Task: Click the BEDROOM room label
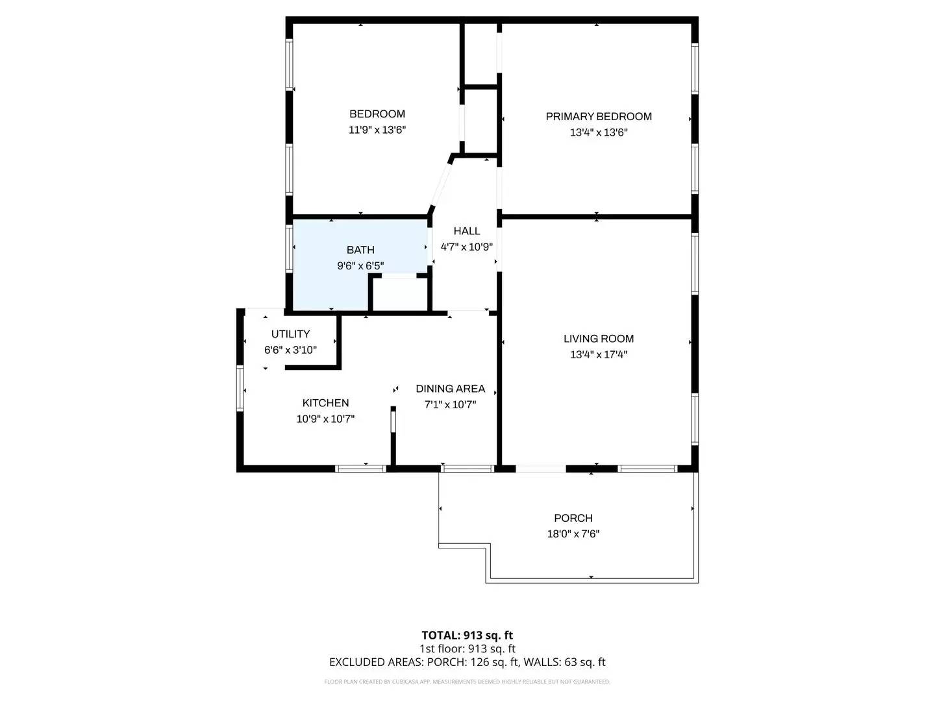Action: [377, 114]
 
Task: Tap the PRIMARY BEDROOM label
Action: [599, 117]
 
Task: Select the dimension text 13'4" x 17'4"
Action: [599, 354]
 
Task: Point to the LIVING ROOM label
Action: [599, 339]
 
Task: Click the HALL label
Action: [467, 231]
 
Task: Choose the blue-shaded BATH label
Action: [360, 250]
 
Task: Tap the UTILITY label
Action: [290, 334]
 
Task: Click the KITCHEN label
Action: [325, 403]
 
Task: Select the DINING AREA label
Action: [451, 389]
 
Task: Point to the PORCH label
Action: [573, 519]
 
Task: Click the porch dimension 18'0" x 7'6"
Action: [573, 534]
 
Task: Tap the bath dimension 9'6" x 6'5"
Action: [360, 265]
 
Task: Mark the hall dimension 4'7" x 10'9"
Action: [467, 247]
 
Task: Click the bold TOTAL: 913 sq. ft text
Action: [467, 635]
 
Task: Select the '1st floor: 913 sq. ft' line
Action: [467, 648]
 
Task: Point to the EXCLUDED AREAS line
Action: [467, 662]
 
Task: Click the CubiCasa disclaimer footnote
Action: [467, 682]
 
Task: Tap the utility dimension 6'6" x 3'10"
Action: [290, 350]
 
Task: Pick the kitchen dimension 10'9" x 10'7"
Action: [325, 419]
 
